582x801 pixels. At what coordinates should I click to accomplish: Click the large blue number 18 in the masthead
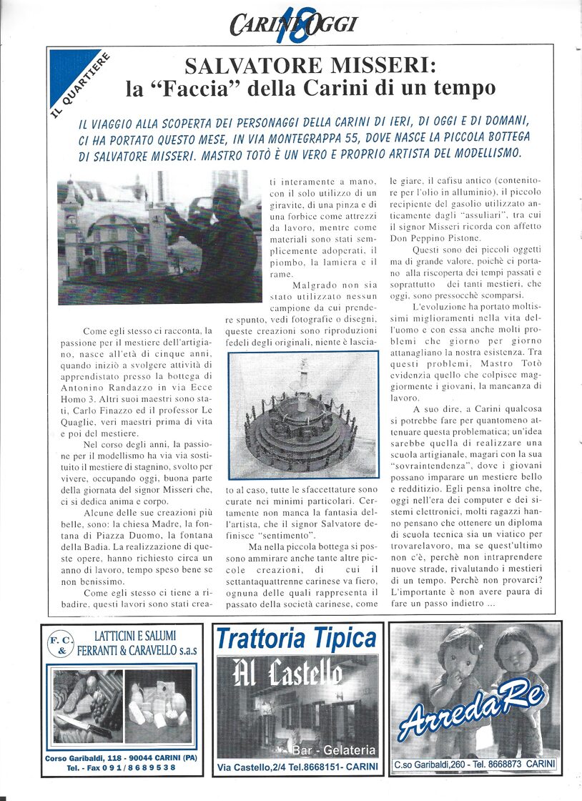point(292,23)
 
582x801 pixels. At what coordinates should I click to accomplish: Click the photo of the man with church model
point(159,237)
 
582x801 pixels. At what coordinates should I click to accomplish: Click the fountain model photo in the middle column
point(303,415)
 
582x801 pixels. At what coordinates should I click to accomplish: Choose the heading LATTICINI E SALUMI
point(134,636)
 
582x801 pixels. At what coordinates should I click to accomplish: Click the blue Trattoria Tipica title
point(296,638)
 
